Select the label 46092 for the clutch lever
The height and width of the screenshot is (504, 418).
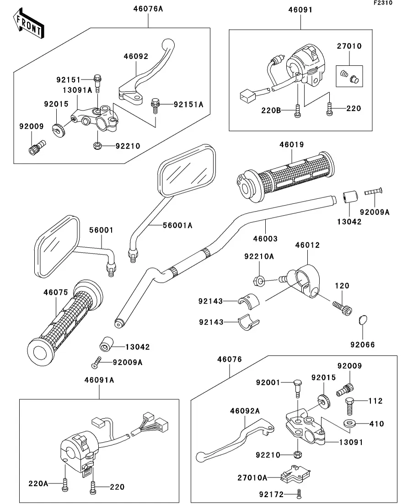(x=136, y=57)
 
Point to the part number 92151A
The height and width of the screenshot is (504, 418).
(x=175, y=105)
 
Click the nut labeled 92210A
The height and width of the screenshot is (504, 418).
(x=259, y=280)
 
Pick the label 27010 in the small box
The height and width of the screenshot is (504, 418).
(x=349, y=46)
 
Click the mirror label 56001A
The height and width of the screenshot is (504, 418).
(x=178, y=225)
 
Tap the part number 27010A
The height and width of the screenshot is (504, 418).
(x=252, y=477)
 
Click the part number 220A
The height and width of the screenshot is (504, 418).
(x=38, y=483)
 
